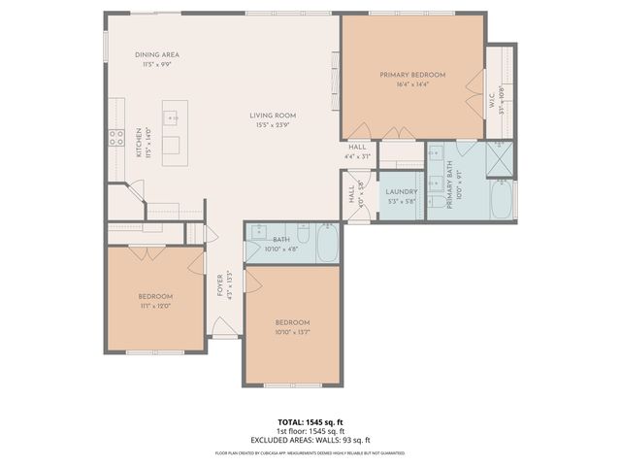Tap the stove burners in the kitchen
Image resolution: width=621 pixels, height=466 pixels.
point(116,138)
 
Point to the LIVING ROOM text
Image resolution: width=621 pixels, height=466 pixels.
point(276,116)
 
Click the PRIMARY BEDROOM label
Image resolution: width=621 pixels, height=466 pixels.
point(412,75)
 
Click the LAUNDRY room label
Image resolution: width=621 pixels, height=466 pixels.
point(401,191)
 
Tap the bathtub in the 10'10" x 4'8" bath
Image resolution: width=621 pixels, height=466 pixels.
point(326,243)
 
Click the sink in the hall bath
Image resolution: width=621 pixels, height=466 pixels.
point(260,232)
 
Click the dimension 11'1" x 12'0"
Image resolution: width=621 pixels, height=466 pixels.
point(155,306)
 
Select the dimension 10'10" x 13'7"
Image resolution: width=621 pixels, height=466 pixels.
point(291,332)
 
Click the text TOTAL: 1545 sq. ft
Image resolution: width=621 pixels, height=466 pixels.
point(310,422)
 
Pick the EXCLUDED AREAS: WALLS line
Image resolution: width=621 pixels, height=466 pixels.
point(310,439)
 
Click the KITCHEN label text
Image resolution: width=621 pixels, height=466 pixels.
point(139,145)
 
